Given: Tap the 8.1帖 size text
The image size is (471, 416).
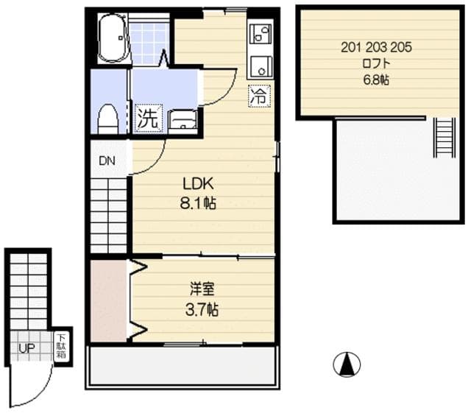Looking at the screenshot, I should (x=199, y=204).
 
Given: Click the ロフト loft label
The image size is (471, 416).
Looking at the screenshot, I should (x=375, y=64).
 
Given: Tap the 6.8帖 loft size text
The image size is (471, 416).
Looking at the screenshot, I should (x=375, y=80).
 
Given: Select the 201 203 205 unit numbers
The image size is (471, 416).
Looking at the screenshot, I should (x=376, y=48).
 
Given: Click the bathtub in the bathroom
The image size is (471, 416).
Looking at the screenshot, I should (x=113, y=40).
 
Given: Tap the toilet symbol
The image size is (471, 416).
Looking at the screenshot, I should (x=107, y=119).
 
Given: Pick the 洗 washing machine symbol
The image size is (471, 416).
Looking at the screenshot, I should (x=147, y=118).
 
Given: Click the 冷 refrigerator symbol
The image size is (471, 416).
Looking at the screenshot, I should (x=258, y=95).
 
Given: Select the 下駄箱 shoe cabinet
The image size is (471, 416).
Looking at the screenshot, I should (x=61, y=346).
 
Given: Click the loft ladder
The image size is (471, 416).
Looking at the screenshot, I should (x=444, y=138).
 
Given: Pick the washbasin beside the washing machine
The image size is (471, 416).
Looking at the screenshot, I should (x=183, y=119).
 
